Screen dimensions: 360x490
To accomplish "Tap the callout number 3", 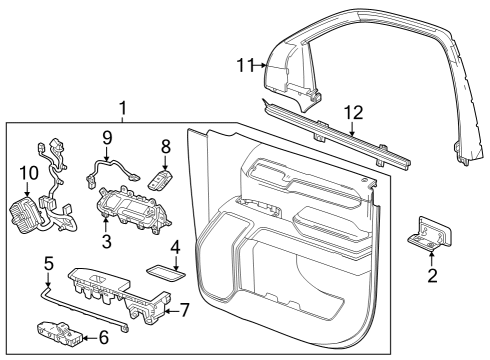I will (106, 243).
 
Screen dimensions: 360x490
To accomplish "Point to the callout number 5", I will (47, 264).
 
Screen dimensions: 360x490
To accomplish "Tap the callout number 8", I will (167, 146).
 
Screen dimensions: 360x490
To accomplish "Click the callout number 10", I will (26, 172).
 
